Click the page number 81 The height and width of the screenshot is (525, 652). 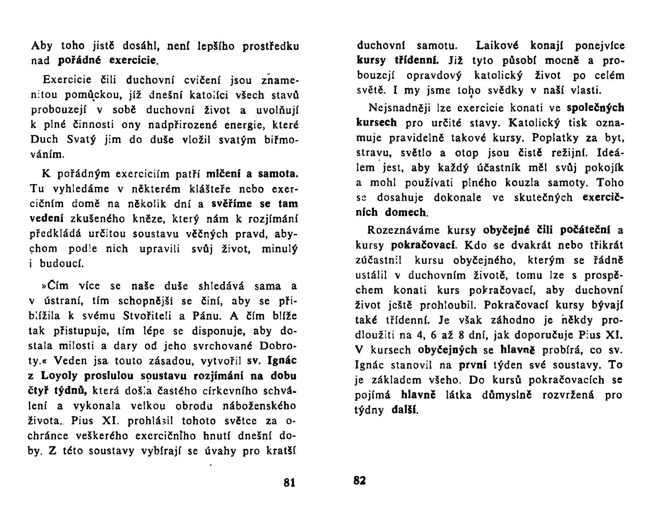[x=289, y=483]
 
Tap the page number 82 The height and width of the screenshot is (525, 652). [x=360, y=481]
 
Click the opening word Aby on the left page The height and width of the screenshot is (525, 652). [x=42, y=46]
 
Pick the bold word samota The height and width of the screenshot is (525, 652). [x=278, y=173]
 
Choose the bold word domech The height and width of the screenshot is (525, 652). [x=405, y=212]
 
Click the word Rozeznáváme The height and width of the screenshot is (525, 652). [x=402, y=230]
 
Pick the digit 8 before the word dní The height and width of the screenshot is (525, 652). [x=461, y=335]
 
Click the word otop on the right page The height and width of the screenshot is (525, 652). [x=466, y=153]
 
